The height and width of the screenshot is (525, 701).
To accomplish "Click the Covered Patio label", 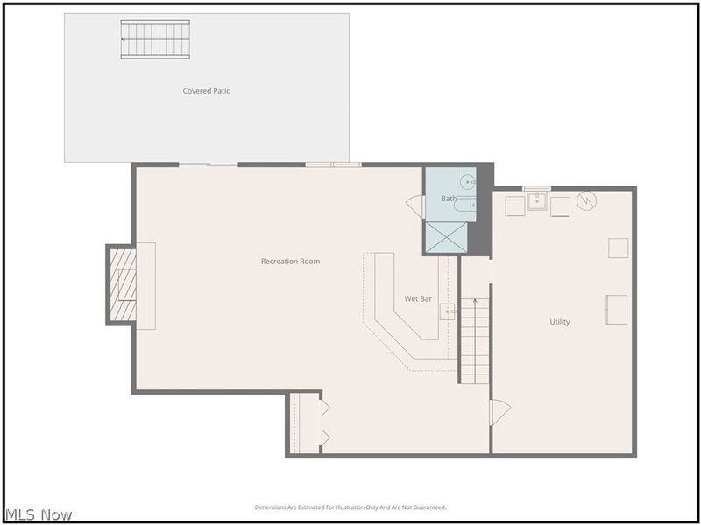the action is coord(207,91).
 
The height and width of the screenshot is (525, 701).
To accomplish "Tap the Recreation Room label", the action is coord(291,262).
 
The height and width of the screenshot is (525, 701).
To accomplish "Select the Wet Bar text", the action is coord(418,299).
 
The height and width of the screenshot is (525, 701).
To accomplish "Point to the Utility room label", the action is coord(560,322).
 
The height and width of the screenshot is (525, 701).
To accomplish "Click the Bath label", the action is coord(449,199).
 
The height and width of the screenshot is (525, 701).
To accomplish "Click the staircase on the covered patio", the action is coord(155,39).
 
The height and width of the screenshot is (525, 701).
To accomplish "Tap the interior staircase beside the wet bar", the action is coord(475,341).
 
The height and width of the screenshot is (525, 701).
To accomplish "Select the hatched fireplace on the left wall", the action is coord(123,285).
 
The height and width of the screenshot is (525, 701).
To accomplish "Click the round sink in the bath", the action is coord(468,182).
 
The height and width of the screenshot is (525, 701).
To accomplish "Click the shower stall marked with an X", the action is coord(446,237).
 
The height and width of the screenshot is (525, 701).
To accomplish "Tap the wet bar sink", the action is coord(448,311).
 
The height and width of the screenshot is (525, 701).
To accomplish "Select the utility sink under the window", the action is coord(537,201).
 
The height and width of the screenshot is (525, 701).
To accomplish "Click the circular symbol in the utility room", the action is coord(586,201).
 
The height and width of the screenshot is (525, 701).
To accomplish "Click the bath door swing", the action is coord(415,206).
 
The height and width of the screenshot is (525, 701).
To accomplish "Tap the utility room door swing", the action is coord(500,412).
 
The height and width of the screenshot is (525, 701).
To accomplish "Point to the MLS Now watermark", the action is coord(39,514).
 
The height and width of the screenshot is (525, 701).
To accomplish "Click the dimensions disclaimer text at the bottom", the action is coord(350,507).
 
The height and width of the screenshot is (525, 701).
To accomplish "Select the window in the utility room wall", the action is coord(536,188).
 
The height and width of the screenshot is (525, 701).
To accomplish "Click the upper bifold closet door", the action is coord(325,407).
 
